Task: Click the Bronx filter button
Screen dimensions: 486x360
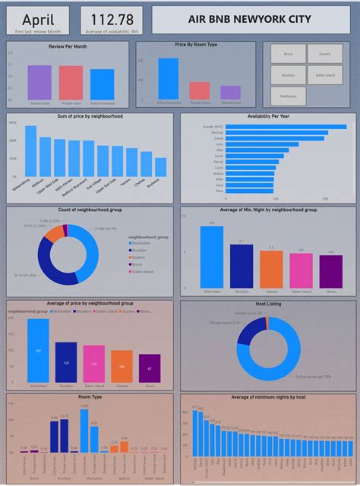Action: (x=288, y=54)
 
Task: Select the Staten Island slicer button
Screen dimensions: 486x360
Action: (x=324, y=75)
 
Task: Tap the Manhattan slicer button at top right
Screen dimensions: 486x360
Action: (x=288, y=96)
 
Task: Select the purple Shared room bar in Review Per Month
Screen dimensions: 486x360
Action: (x=39, y=82)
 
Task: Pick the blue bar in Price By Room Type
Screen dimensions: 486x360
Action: (x=169, y=79)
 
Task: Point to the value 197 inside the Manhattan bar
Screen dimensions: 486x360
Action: (x=39, y=351)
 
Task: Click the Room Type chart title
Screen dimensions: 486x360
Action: (x=90, y=396)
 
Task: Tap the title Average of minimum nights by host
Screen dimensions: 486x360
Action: (x=267, y=396)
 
